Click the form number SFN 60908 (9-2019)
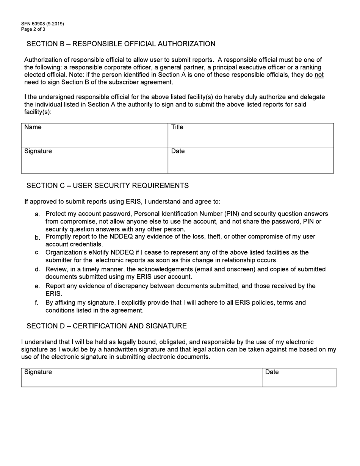[42, 24]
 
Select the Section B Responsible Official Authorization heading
[121, 44]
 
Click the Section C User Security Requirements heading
[108, 186]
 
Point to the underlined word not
[319, 75]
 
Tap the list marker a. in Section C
[38, 214]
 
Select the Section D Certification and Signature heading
[106, 326]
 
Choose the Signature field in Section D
[141, 377]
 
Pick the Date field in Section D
[299, 377]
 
